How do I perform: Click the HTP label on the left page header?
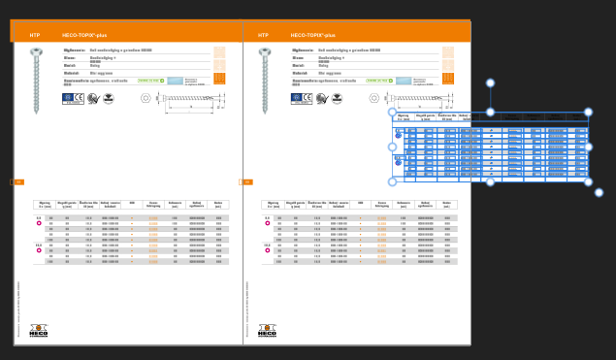(35, 35)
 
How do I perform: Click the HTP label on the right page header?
(263, 35)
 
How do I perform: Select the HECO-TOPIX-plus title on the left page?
(84, 35)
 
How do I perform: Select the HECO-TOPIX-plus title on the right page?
(312, 35)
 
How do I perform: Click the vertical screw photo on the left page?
(36, 80)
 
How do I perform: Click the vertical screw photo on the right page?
(265, 80)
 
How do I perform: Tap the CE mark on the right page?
(308, 98)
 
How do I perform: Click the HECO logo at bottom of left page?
(38, 331)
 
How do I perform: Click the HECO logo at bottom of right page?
(267, 331)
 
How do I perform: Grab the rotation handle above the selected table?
(490, 83)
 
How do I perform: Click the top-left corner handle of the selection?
(393, 113)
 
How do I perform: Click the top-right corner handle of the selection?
(588, 113)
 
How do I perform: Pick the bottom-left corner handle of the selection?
(393, 181)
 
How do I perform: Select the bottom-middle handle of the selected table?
(490, 181)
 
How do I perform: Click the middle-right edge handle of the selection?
(588, 147)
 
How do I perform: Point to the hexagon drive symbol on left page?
(146, 98)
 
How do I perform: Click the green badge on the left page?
(148, 81)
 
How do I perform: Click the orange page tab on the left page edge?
(17, 181)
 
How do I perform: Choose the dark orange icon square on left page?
(219, 78)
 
